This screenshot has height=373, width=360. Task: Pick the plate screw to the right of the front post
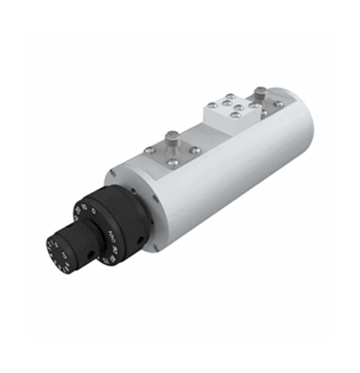[196, 148]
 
